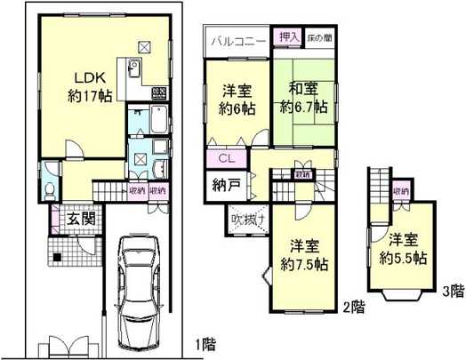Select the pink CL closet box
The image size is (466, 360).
click(x=226, y=159)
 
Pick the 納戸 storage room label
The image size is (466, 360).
click(x=224, y=188)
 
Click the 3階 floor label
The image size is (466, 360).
click(x=452, y=289)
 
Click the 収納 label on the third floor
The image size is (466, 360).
click(x=401, y=190)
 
